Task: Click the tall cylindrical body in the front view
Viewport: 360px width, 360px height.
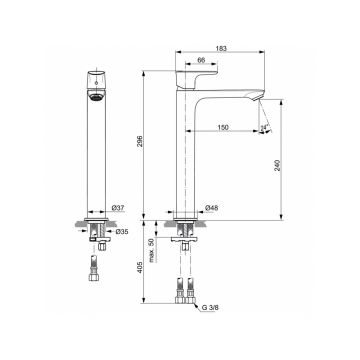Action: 93,160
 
